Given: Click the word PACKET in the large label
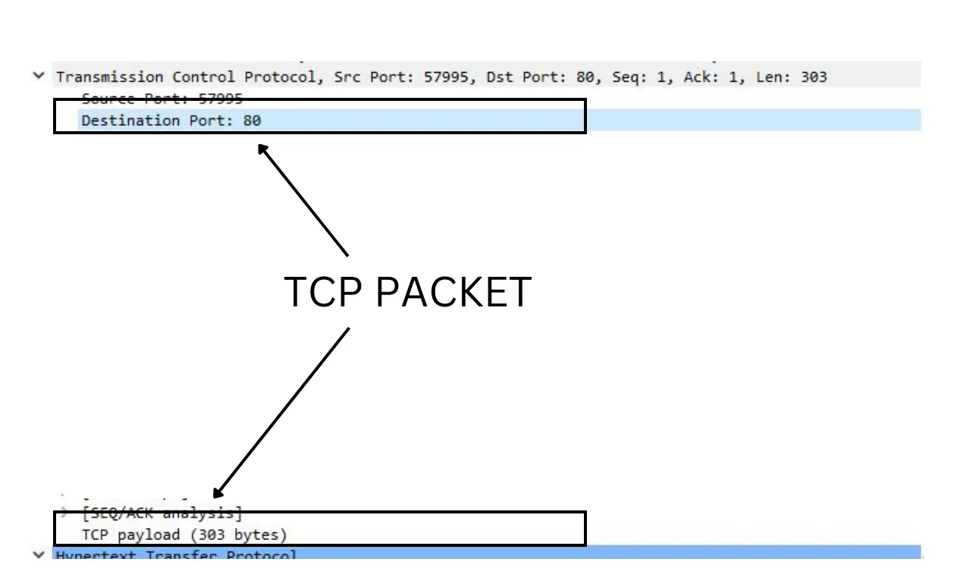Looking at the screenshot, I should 453,293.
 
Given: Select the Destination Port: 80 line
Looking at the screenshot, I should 171,121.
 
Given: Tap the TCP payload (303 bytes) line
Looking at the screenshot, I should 184,535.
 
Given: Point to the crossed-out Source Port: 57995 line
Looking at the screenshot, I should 162,99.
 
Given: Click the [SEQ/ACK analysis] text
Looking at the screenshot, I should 162,513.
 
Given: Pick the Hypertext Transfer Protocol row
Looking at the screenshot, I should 176,555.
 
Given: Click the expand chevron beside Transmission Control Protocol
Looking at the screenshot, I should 39,77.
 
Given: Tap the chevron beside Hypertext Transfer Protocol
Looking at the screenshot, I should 39,554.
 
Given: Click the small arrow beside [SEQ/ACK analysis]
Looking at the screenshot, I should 65,513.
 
